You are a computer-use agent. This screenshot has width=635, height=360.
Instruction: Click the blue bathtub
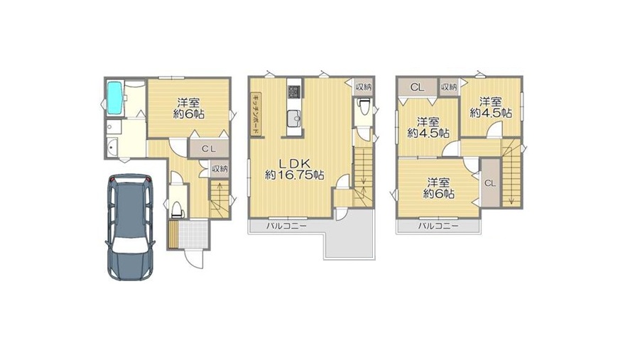[114, 99]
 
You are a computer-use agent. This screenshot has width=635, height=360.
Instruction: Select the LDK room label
[295, 169]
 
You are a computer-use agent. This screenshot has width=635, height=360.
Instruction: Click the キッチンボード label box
[256, 115]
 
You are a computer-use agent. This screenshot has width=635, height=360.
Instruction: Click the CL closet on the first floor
[209, 148]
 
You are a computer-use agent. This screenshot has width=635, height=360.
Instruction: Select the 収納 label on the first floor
[219, 169]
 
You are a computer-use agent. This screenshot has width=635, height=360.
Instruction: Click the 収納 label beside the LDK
[363, 87]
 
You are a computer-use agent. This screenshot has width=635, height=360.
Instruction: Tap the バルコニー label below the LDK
[287, 227]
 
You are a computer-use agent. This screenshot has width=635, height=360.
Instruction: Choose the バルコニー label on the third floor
[438, 226]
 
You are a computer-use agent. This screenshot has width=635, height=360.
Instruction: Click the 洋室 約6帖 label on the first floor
[189, 108]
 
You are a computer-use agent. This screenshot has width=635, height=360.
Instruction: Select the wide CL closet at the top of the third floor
[418, 87]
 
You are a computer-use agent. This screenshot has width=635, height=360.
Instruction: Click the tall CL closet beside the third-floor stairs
[490, 183]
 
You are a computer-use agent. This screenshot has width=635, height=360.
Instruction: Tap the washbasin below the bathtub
[112, 146]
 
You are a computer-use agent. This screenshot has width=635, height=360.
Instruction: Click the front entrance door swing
[193, 259]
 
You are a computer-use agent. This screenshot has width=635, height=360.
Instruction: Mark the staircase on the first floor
[219, 200]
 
